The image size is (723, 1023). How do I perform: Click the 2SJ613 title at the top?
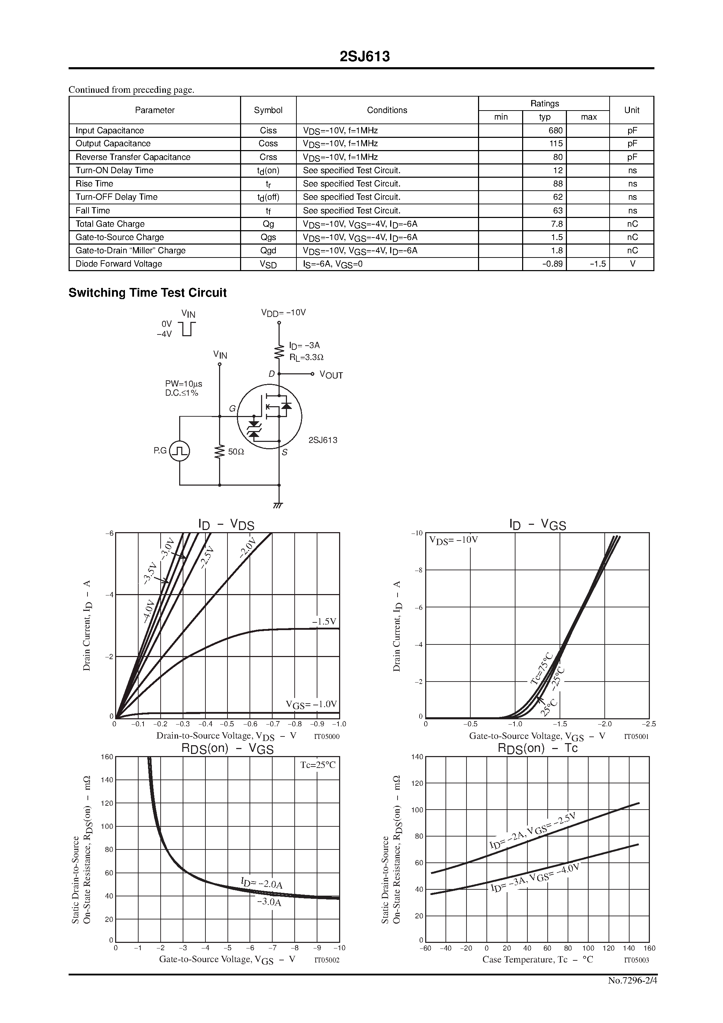point(364,57)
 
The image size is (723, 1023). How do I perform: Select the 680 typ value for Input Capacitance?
point(555,130)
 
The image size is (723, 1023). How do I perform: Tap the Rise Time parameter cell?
point(94,184)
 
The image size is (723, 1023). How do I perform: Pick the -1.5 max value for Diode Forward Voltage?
point(597,264)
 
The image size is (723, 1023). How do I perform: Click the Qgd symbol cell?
point(268,251)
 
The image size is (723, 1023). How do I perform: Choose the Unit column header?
point(631,110)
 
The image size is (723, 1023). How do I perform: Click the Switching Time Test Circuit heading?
point(148,293)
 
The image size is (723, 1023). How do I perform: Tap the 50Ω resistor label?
point(236,452)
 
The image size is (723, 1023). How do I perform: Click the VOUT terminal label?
point(331,375)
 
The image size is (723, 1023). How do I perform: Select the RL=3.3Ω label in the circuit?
point(306,357)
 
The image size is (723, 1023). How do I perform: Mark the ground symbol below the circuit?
point(279,505)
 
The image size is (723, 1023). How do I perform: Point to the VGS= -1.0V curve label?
point(311,704)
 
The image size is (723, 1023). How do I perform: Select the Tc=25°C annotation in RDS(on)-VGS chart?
point(317,765)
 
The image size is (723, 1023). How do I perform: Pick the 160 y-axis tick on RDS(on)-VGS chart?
point(107,756)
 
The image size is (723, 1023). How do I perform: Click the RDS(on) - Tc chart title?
point(537,748)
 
